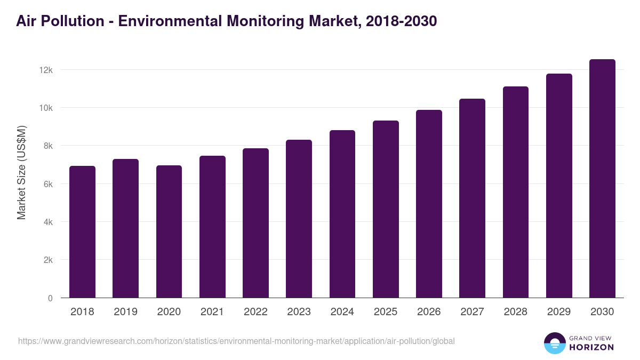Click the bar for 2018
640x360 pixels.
pos(82,232)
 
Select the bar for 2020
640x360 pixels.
pos(169,232)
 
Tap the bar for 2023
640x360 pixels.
pos(299,219)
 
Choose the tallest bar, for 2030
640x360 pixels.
pos(602,179)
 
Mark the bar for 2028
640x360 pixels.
pos(516,192)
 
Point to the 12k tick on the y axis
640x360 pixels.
pos(45,70)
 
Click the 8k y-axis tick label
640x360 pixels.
pos(47,146)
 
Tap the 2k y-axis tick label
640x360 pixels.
pos(47,260)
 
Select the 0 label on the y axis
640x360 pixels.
pos(50,298)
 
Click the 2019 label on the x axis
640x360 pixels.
pos(125,312)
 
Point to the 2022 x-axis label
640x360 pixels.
pos(255,312)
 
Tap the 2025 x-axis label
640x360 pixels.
pos(386,312)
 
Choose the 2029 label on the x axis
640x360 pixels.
pos(559,312)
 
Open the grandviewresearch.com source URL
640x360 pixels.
pos(236,341)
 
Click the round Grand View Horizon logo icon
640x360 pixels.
pos(554,343)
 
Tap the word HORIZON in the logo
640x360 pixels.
pos(591,347)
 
